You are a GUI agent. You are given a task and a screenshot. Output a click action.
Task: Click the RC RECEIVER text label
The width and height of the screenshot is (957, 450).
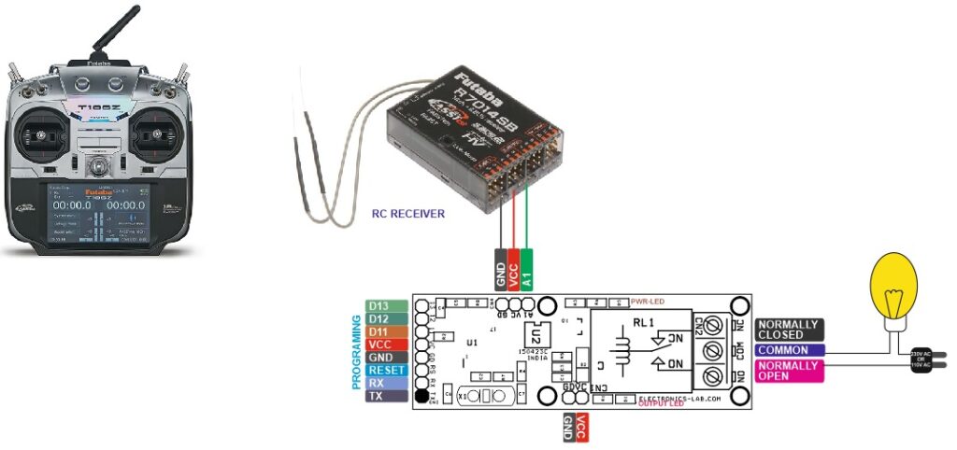(x=408, y=214)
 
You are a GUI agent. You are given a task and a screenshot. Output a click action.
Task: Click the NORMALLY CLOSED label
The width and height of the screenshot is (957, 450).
(x=789, y=329)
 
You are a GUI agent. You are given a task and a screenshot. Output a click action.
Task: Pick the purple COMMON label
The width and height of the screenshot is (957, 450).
(x=789, y=350)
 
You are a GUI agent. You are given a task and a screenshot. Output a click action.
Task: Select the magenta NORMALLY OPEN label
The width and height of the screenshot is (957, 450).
(x=789, y=371)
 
